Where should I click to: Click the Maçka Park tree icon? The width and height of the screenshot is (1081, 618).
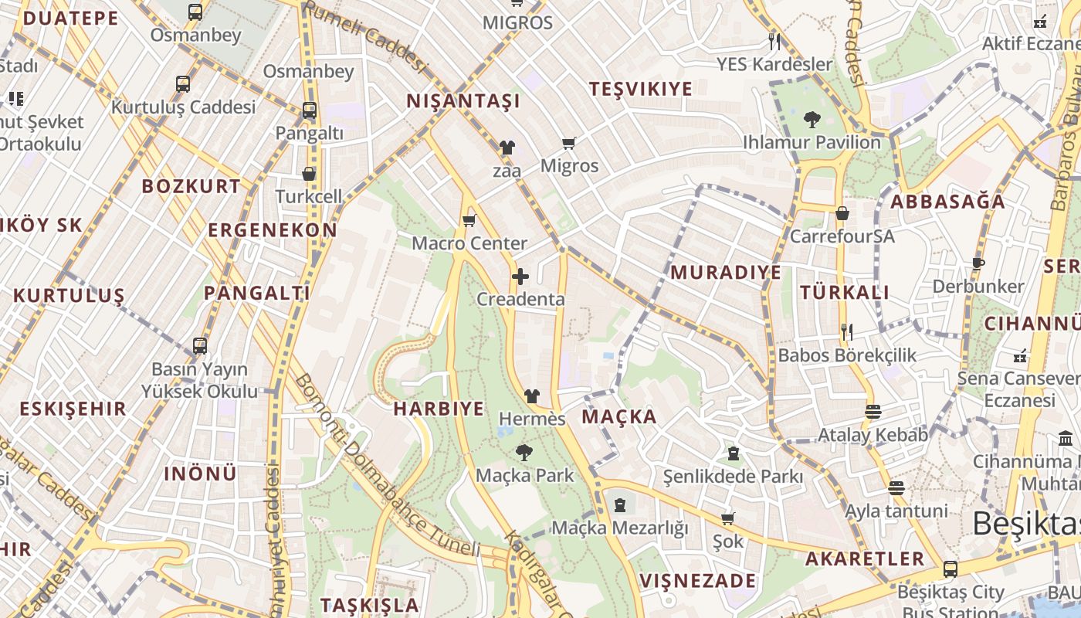pyautogui.click(x=524, y=452)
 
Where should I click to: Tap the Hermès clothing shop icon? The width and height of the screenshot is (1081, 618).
pyautogui.click(x=531, y=396)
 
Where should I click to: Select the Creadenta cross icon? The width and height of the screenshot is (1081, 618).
pyautogui.click(x=520, y=277)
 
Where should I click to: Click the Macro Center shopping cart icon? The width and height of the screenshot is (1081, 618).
pyautogui.click(x=469, y=221)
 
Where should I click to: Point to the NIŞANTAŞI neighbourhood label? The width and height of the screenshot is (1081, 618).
pyautogui.click(x=463, y=101)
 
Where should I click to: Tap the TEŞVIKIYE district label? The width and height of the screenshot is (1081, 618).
pyautogui.click(x=641, y=89)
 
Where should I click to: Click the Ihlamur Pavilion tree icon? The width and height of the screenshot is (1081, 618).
pyautogui.click(x=812, y=120)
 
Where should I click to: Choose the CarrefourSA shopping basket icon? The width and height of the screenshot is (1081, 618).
pyautogui.click(x=842, y=213)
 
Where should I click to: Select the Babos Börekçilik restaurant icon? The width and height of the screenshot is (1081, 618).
pyautogui.click(x=847, y=332)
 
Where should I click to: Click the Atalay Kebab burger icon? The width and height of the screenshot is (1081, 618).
pyautogui.click(x=873, y=412)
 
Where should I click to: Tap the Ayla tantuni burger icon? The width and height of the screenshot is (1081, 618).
pyautogui.click(x=896, y=488)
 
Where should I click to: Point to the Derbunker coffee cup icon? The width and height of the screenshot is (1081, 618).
pyautogui.click(x=978, y=263)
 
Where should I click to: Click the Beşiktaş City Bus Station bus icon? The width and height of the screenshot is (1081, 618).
pyautogui.click(x=951, y=569)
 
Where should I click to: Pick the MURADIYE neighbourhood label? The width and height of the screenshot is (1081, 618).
pyautogui.click(x=726, y=272)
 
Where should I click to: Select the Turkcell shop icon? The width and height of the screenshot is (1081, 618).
pyautogui.click(x=309, y=174)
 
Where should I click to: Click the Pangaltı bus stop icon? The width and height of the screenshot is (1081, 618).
pyautogui.click(x=309, y=110)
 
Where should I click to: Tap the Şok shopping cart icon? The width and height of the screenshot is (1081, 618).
pyautogui.click(x=727, y=518)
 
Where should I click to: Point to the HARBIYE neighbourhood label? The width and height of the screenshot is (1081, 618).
pyautogui.click(x=439, y=409)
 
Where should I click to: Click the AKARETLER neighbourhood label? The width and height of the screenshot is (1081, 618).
pyautogui.click(x=865, y=559)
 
